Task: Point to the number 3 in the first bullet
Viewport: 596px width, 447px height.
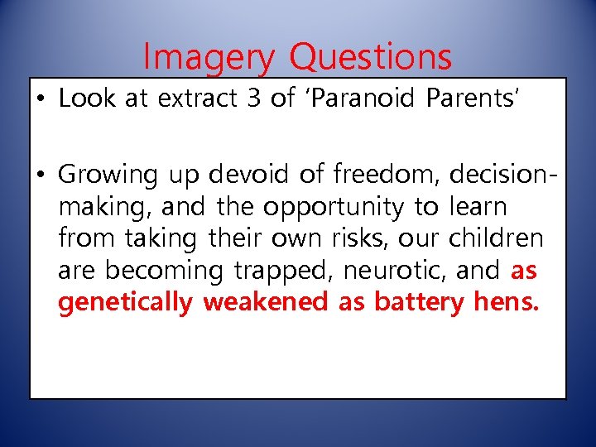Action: pos(253,98)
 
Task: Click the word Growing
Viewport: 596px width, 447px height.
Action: pos(108,175)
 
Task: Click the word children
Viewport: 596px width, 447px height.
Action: pos(496,238)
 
